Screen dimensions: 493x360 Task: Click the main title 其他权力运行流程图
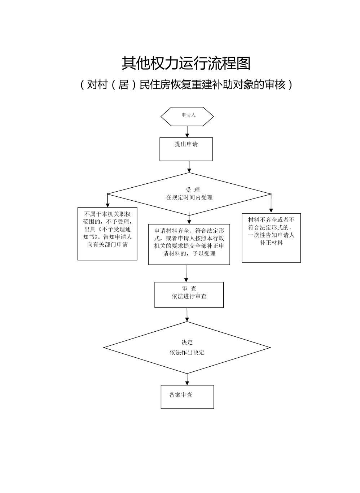[186, 64]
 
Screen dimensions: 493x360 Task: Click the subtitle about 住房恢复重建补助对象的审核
[186, 85]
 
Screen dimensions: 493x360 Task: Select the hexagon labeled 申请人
[187, 116]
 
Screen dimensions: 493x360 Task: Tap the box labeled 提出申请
[186, 149]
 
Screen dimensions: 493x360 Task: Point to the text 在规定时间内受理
[189, 197]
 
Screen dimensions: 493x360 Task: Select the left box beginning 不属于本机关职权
[107, 234]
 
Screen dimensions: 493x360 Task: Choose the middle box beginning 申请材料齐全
[189, 244]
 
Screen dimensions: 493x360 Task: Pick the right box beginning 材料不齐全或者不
[271, 237]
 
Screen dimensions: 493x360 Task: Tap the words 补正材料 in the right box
[271, 243]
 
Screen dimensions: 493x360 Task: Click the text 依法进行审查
[189, 296]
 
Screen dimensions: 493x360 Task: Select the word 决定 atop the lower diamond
[187, 343]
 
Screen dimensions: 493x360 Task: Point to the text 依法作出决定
[187, 353]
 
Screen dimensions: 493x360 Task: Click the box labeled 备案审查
[187, 397]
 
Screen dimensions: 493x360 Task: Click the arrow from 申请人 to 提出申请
[187, 131]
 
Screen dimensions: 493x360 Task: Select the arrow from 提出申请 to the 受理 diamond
[189, 166]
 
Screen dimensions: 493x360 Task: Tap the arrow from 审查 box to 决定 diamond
[187, 314]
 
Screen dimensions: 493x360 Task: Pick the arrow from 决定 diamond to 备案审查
[187, 379]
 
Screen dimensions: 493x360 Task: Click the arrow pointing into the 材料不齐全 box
[271, 204]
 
